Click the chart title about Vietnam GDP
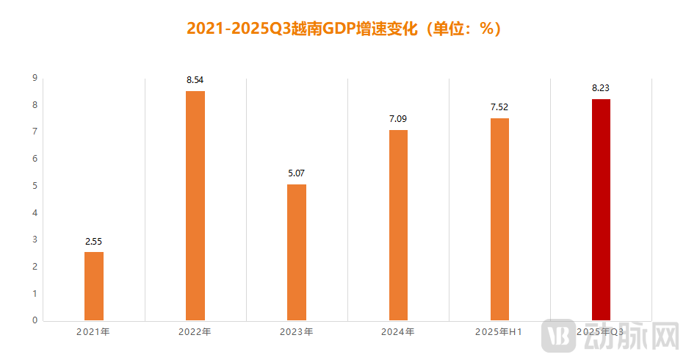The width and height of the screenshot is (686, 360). [343, 29]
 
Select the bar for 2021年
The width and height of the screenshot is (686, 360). [94, 286]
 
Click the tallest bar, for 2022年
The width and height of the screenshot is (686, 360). [195, 206]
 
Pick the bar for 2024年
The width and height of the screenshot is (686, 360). [398, 225]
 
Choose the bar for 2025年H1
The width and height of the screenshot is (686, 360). [499, 219]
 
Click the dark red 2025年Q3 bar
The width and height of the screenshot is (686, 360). [601, 209]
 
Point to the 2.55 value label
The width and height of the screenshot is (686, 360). [94, 241]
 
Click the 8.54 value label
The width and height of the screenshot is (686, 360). [195, 79]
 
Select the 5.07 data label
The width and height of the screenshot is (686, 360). [297, 173]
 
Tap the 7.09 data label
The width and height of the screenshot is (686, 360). [398, 118]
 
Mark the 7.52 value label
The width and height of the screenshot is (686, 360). [499, 107]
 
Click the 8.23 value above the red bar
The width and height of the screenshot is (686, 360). [601, 88]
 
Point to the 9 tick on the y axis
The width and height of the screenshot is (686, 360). [35, 78]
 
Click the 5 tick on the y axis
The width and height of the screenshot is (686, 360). [35, 186]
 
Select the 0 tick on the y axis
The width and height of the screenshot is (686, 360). [35, 320]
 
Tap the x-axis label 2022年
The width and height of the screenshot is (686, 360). [195, 332]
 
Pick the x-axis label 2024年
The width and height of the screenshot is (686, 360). [397, 332]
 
